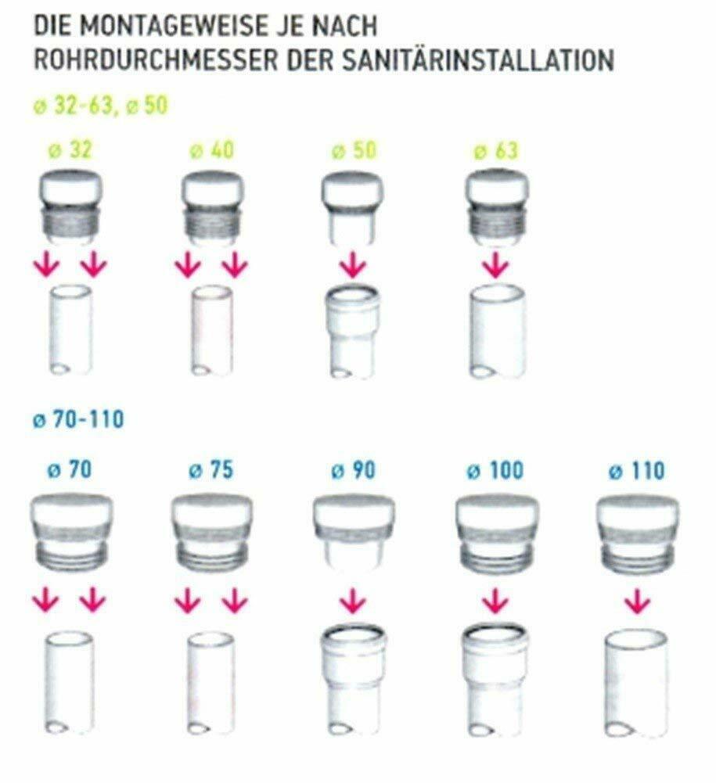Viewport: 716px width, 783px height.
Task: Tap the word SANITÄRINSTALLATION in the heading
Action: (479, 60)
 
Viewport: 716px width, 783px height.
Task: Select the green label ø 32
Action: (71, 150)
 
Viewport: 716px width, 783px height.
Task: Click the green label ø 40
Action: (212, 150)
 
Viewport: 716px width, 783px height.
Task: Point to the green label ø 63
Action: (495, 150)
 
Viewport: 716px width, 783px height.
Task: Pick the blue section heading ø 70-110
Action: (78, 418)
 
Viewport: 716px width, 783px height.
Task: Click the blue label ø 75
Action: (210, 470)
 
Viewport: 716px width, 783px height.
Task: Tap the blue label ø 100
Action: (495, 470)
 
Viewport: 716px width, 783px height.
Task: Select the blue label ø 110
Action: (636, 470)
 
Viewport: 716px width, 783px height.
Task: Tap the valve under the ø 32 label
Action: (70, 207)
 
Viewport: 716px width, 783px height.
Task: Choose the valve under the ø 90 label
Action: (354, 533)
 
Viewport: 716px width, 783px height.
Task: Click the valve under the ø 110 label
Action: (638, 533)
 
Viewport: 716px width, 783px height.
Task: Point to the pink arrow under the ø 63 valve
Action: (495, 265)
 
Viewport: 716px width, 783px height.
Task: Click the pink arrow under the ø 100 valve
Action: (495, 601)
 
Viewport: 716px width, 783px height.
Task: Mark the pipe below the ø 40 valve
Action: (212, 330)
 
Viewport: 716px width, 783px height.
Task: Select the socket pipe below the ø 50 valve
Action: (352, 332)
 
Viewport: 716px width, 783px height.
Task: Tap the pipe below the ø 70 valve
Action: (70, 683)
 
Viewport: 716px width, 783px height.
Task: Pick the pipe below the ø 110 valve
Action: (635, 684)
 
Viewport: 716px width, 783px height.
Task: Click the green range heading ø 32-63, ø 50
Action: (100, 106)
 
